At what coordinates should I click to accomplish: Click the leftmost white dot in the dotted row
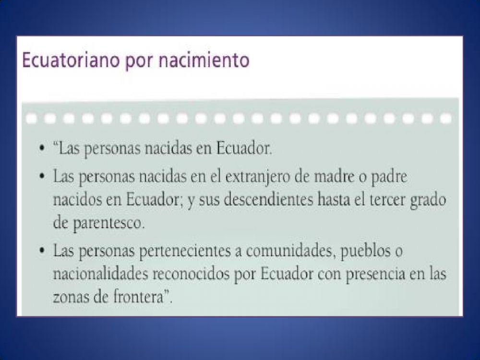(31, 117)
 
